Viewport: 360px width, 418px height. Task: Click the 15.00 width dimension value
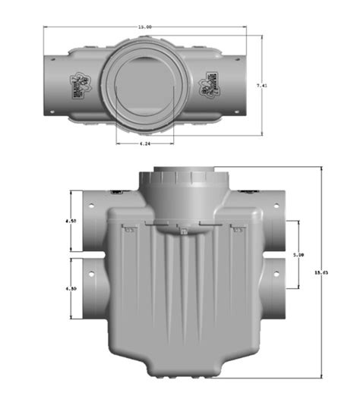[x=144, y=27]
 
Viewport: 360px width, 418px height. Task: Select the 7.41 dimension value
[x=261, y=86]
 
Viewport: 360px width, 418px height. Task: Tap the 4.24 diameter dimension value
[x=144, y=143]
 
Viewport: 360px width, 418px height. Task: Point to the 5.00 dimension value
[x=299, y=256]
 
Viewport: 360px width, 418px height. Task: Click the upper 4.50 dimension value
[x=71, y=222]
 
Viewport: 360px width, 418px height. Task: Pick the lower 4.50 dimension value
[x=71, y=289]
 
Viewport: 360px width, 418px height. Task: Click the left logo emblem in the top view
[x=80, y=83]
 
